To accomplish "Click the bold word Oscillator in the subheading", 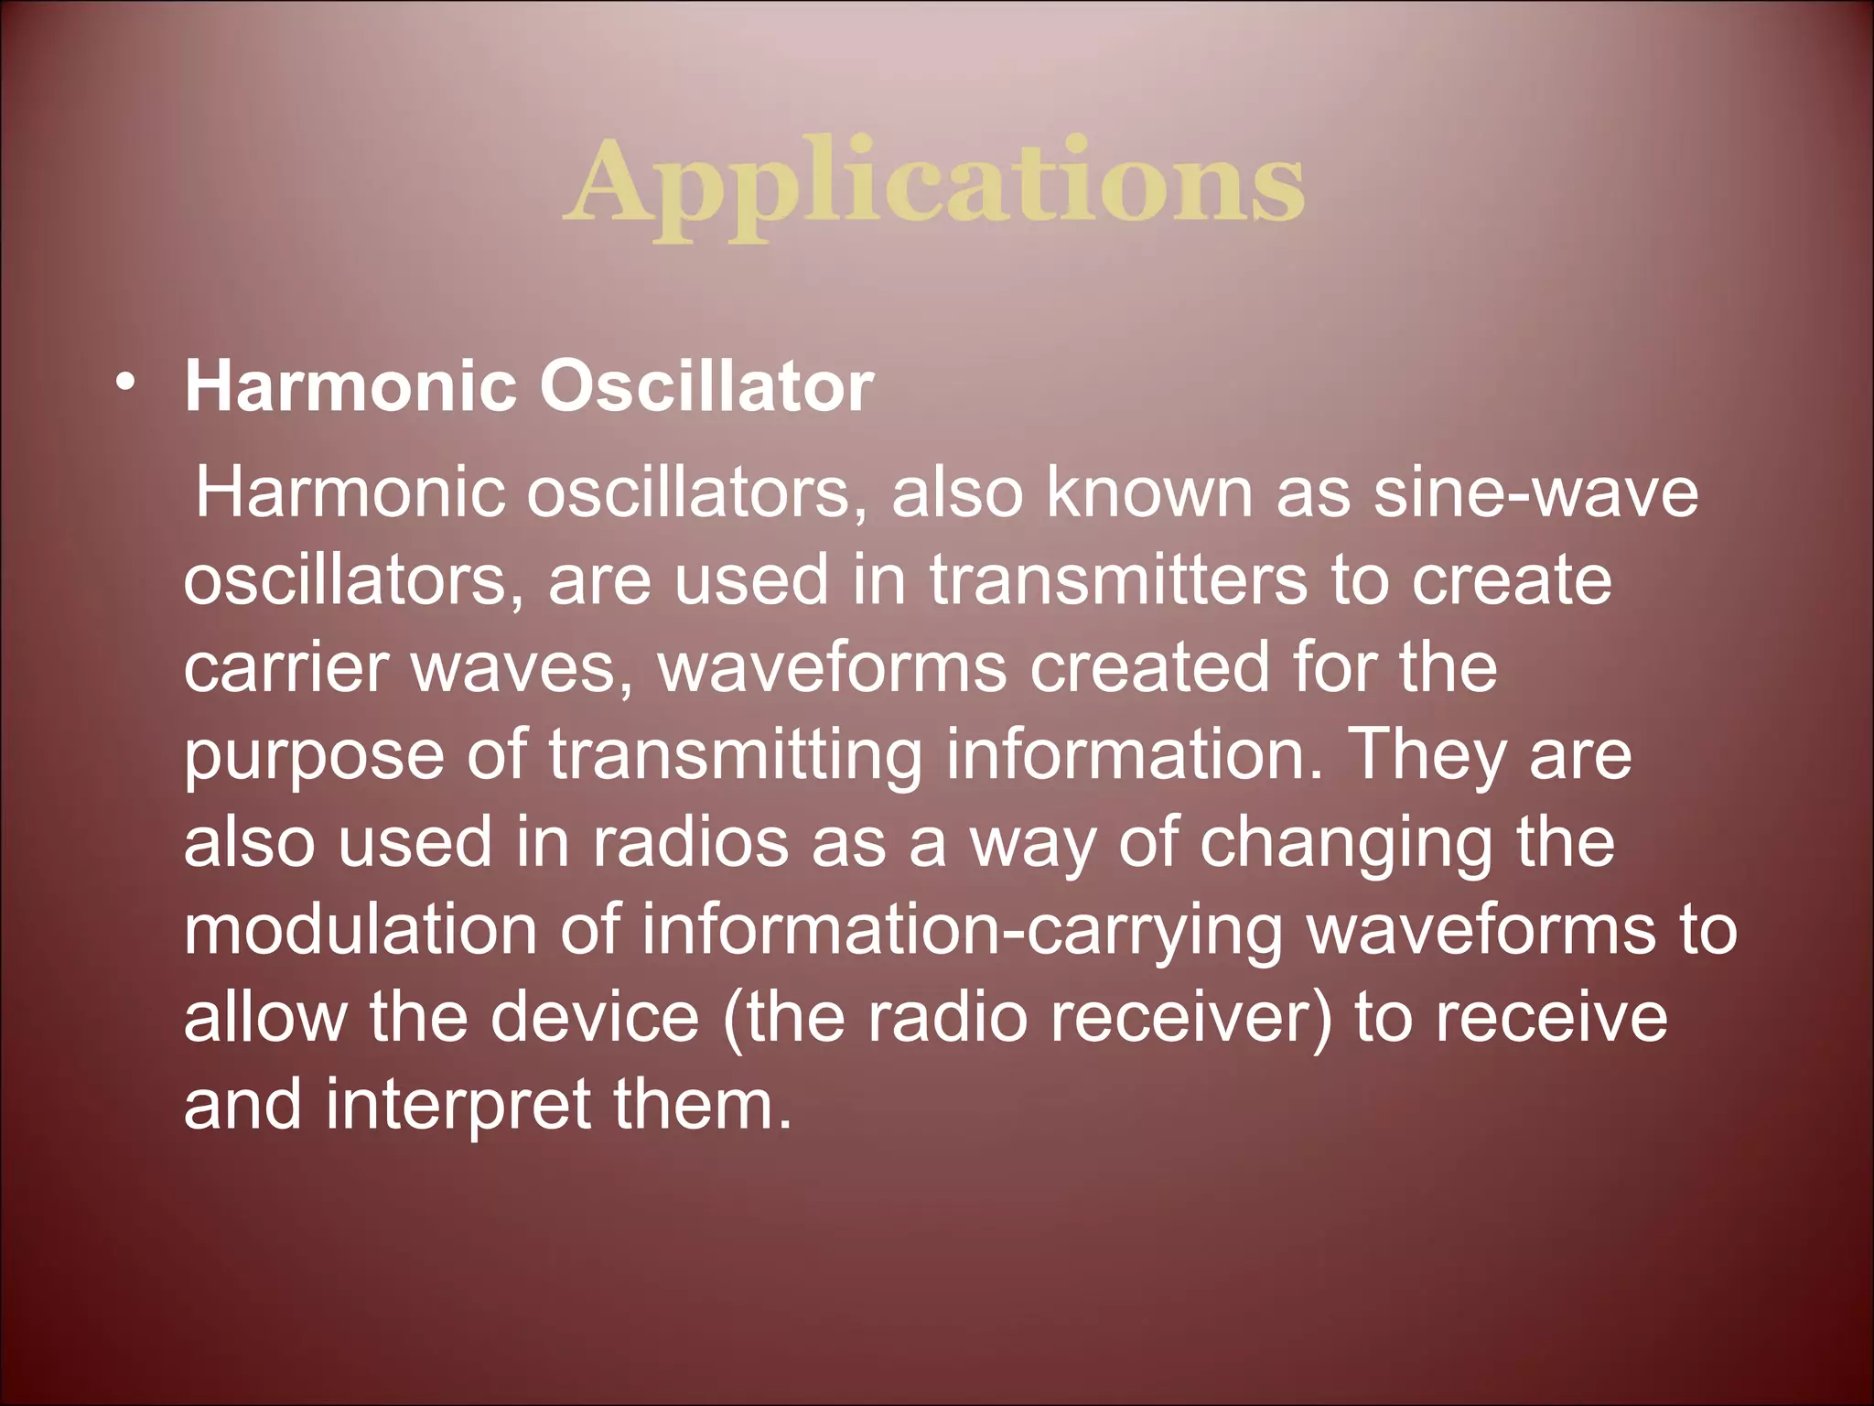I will tap(705, 386).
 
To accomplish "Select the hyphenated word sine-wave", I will tap(1535, 492).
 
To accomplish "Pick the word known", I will tap(1148, 492).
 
